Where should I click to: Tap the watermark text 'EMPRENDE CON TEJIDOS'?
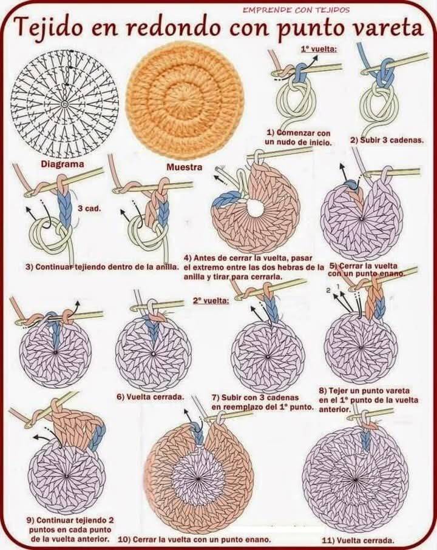tap(296, 10)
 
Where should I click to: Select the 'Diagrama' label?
tap(63, 164)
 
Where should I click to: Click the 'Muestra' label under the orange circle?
tap(185, 167)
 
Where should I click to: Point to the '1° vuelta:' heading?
tap(319, 49)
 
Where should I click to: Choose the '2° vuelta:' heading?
tap(211, 301)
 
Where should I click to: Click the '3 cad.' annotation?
tap(89, 209)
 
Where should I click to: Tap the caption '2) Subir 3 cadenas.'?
tap(387, 140)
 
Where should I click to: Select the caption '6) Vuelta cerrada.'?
tap(151, 397)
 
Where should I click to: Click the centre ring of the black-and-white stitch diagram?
tap(64, 104)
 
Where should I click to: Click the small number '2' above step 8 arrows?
tap(328, 290)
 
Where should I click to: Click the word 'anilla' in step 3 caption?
tap(167, 267)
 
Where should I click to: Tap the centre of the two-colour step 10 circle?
tap(198, 479)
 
